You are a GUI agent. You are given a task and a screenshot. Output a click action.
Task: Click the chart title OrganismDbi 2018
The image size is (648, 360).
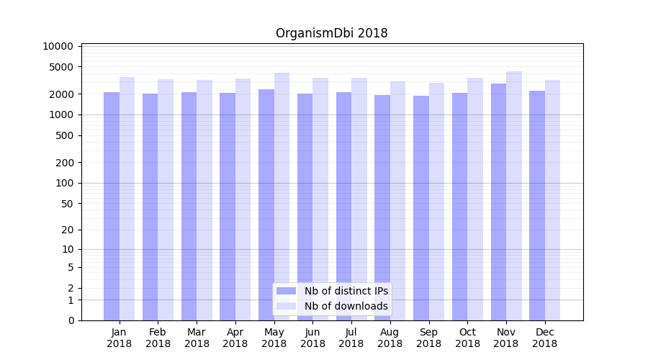point(331,33)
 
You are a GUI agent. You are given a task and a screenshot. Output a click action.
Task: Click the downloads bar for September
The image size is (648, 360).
point(436,202)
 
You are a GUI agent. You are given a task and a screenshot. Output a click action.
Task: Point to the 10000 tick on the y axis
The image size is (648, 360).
point(58,46)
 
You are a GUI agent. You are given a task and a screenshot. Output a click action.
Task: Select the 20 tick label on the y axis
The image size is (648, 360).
point(67,230)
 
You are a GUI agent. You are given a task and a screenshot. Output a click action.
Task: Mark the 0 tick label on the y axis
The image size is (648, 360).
point(71,320)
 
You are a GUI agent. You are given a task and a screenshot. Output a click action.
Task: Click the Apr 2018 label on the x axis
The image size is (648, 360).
point(235,338)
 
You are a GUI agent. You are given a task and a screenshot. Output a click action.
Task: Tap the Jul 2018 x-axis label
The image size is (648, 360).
point(351,338)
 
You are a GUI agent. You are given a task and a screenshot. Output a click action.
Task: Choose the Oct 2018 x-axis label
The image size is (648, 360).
point(467,338)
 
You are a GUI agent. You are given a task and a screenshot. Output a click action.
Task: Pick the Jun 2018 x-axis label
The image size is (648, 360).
point(312,338)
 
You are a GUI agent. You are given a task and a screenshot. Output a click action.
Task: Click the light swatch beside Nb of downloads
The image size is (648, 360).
point(286,306)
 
